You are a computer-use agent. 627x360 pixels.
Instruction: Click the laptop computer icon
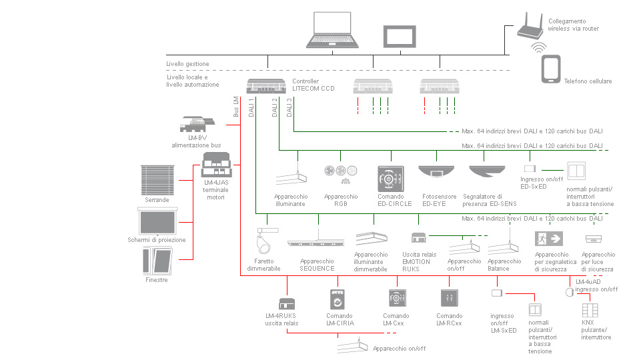332,30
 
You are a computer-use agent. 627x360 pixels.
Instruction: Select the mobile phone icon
551,69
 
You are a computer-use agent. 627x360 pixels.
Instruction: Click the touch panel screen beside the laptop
400,37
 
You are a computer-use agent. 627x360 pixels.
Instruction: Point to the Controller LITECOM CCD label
313,85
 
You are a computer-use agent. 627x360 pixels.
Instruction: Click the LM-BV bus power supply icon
197,124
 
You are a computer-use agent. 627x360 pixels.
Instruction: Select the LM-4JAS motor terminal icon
216,164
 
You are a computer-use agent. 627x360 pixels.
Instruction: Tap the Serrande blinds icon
157,180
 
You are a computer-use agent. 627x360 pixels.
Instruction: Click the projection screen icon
157,221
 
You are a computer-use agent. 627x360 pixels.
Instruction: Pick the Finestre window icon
157,261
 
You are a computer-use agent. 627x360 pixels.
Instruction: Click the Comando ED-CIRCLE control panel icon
391,179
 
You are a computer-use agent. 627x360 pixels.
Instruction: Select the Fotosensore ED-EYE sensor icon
436,172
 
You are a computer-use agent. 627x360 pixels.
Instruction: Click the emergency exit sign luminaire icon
549,239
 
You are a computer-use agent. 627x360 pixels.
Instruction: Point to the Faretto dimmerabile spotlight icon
267,241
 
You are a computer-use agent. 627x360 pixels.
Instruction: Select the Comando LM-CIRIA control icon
337,299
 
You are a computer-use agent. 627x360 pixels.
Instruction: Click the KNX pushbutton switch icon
590,310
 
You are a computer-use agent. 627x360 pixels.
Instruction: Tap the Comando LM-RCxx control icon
449,298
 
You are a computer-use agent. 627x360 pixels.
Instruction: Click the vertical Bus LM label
236,106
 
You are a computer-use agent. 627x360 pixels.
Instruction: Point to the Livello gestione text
187,64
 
